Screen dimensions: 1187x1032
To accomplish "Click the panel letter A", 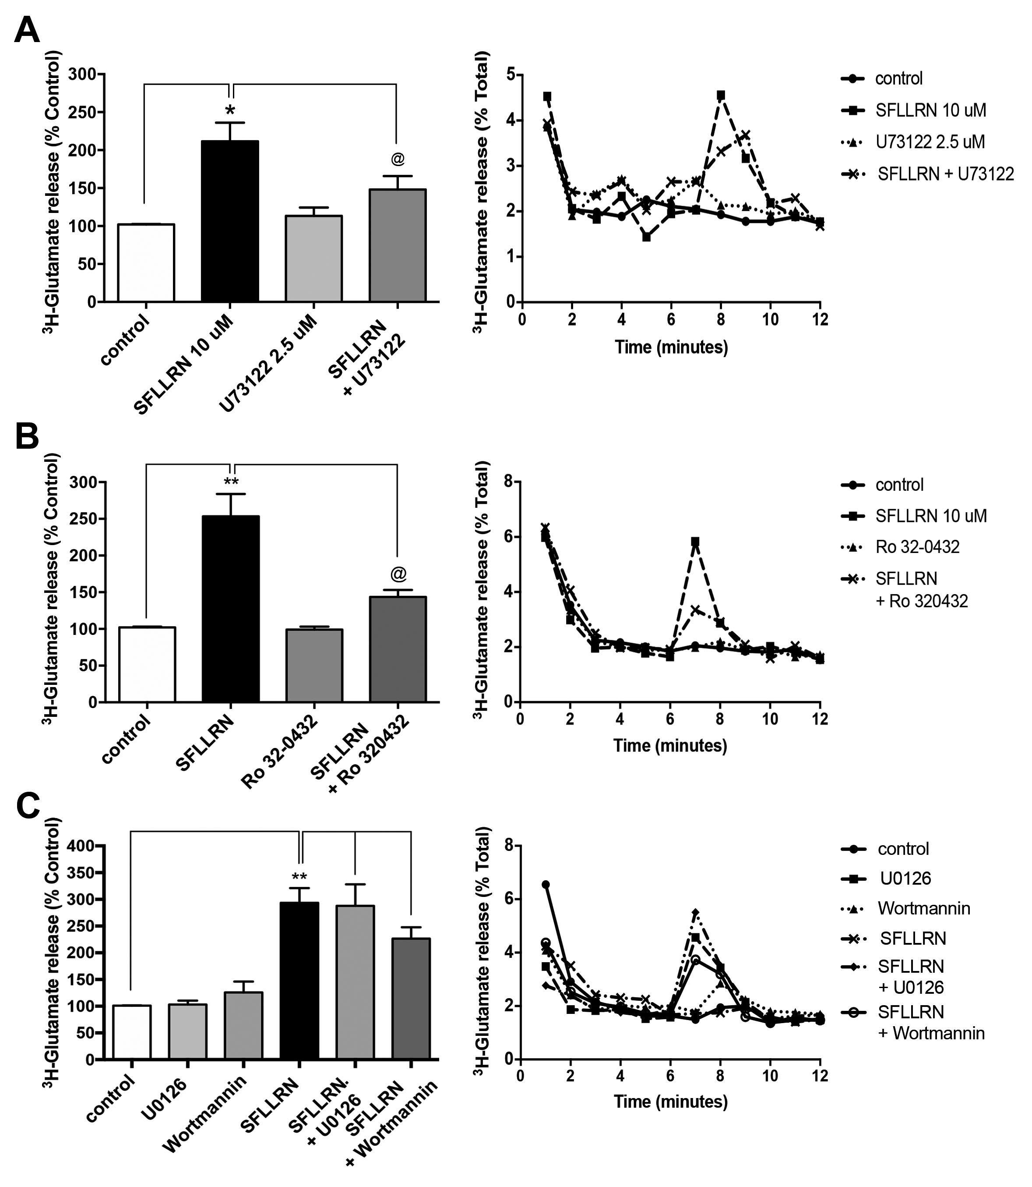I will pyautogui.click(x=27, y=30).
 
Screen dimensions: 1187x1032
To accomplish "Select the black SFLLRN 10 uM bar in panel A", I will pyautogui.click(x=230, y=221).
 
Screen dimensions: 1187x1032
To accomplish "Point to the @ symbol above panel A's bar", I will pyautogui.click(x=398, y=159).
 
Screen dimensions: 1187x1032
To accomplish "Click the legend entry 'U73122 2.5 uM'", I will pyautogui.click(x=930, y=142).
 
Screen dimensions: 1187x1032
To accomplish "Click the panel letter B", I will pyautogui.click(x=27, y=437).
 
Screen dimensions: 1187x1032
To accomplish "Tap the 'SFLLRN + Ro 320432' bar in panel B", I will pyautogui.click(x=398, y=649).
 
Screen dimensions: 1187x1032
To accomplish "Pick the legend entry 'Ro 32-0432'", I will pyautogui.click(x=917, y=546).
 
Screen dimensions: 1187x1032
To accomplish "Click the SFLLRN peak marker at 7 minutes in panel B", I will pyautogui.click(x=695, y=542).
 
